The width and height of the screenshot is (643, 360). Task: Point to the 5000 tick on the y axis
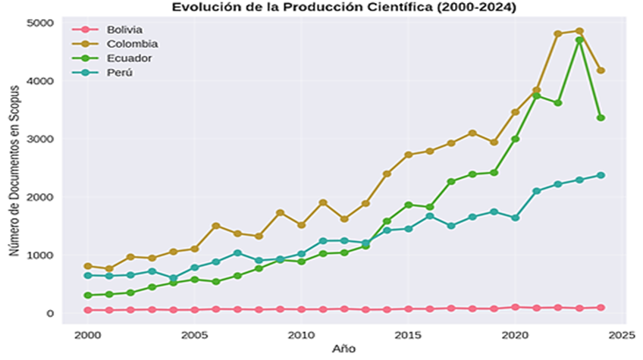coord(39,23)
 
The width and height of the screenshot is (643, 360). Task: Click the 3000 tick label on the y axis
coord(39,139)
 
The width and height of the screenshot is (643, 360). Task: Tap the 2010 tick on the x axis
coord(302,334)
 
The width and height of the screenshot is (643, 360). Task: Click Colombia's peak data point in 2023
coord(579,31)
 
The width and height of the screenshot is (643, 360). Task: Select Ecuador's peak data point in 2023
coord(579,40)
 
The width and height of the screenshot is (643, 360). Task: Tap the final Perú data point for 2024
coord(601,175)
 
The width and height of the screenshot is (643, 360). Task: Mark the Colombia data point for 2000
coord(88,266)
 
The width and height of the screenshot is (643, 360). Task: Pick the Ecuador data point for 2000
coord(88,295)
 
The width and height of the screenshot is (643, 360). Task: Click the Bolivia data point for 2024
coord(601,308)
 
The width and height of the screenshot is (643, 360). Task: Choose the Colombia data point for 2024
coord(601,70)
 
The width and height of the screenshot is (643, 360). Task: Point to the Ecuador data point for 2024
coord(601,117)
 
